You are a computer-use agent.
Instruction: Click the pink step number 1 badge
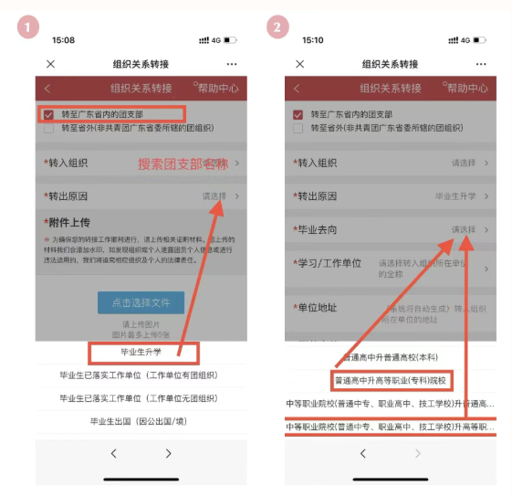(x=30, y=27)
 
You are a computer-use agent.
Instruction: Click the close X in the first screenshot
(x=50, y=64)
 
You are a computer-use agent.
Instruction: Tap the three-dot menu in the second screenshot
(x=480, y=64)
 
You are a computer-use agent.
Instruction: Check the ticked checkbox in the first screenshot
(x=48, y=115)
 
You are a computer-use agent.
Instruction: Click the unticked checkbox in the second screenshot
(x=298, y=129)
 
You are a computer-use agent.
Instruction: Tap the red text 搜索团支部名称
(x=183, y=164)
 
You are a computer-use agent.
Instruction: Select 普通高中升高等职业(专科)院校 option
(x=389, y=379)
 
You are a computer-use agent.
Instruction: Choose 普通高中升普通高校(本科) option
(x=389, y=357)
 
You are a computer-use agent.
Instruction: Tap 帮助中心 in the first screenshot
(x=217, y=88)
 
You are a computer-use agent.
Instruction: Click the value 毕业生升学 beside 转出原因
(x=455, y=196)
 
